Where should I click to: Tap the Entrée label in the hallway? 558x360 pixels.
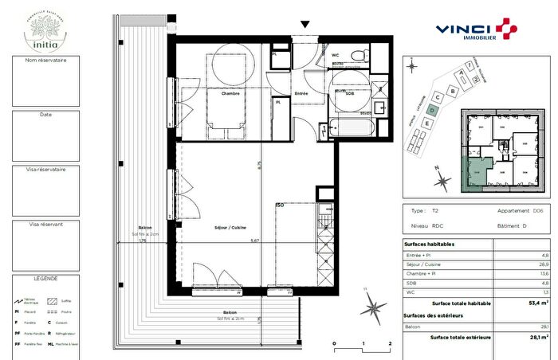coord(302,93)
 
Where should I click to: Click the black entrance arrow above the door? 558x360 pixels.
coord(303,25)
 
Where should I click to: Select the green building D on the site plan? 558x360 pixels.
coord(431,110)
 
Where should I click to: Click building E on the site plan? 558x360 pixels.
coord(428,124)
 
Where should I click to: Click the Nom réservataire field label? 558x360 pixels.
coord(46,61)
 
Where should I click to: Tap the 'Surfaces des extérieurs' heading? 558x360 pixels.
coord(436,315)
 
